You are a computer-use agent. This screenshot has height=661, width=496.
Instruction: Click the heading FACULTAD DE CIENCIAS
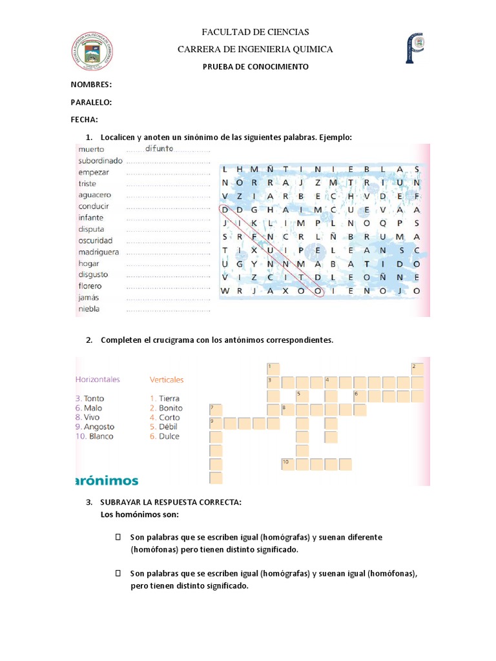(256, 32)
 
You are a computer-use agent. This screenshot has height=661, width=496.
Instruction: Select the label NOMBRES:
(91, 85)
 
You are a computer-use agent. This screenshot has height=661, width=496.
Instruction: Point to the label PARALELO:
(92, 102)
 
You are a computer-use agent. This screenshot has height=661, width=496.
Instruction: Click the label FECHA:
(85, 119)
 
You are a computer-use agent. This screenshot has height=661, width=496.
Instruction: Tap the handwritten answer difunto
(160, 148)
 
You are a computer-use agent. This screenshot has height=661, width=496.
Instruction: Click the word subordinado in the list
(100, 161)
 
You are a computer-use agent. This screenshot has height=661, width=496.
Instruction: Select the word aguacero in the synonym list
(95, 194)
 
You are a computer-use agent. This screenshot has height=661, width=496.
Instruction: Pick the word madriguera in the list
(99, 252)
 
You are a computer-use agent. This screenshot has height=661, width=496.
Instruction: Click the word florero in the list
(90, 286)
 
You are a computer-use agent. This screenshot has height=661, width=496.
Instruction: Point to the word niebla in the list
(89, 309)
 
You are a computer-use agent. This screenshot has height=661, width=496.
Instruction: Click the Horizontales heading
(98, 380)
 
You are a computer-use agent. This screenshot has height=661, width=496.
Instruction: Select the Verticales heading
(167, 380)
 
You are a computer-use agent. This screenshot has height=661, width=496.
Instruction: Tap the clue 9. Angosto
(94, 427)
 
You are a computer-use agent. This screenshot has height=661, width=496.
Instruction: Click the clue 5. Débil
(164, 427)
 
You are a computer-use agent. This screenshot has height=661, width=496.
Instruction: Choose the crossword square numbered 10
(288, 464)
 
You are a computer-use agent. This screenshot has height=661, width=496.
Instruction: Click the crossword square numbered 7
(216, 409)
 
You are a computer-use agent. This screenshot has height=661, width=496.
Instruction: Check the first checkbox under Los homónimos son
(118, 537)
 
